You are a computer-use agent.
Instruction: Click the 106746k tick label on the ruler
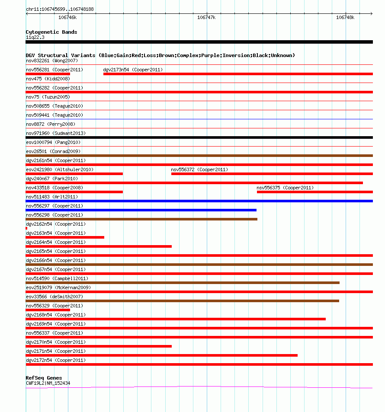pyautogui.click(x=67, y=18)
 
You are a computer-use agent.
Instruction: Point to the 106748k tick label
pyautogui.click(x=345, y=18)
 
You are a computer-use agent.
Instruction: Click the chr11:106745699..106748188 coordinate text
pyautogui.click(x=60, y=9)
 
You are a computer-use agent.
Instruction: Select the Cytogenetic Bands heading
pyautogui.click(x=51, y=32)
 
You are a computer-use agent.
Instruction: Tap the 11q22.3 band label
pyautogui.click(x=35, y=37)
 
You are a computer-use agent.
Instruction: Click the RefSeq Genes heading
pyautogui.click(x=44, y=378)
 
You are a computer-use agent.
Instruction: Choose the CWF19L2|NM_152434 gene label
pyautogui.click(x=48, y=383)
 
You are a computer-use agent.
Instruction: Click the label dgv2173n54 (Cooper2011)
pyautogui.click(x=133, y=70)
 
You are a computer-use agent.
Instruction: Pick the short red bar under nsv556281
pyautogui.click(x=48, y=74)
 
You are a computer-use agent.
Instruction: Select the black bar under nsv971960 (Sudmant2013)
pyautogui.click(x=199, y=137)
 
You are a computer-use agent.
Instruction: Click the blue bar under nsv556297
pyautogui.click(x=141, y=210)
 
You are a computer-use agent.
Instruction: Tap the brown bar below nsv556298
pyautogui.click(x=141, y=219)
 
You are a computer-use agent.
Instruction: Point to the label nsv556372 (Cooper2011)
pyautogui.click(x=199, y=169)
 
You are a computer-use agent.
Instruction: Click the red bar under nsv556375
pyautogui.click(x=314, y=192)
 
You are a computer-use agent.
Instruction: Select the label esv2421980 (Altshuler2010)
pyautogui.click(x=59, y=169)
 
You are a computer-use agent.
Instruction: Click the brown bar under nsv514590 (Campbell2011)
pyautogui.click(x=182, y=283)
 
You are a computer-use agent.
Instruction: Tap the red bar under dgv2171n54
pyautogui.click(x=161, y=355)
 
